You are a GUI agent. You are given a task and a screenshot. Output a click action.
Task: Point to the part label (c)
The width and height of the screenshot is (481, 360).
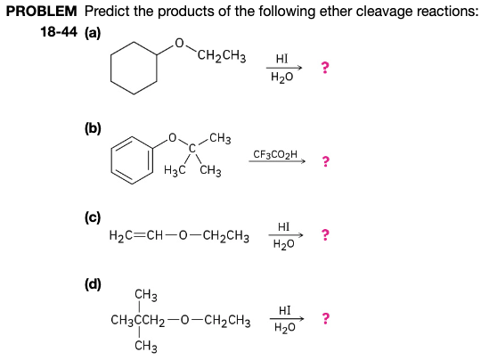93,216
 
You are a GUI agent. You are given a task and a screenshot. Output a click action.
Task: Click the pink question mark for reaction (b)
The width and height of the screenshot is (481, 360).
326,162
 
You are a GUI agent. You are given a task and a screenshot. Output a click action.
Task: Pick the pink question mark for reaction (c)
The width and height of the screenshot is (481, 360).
326,236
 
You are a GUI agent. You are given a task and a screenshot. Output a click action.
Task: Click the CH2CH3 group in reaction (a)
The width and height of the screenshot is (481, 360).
222,61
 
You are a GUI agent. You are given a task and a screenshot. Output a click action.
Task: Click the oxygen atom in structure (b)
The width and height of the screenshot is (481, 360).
173,138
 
